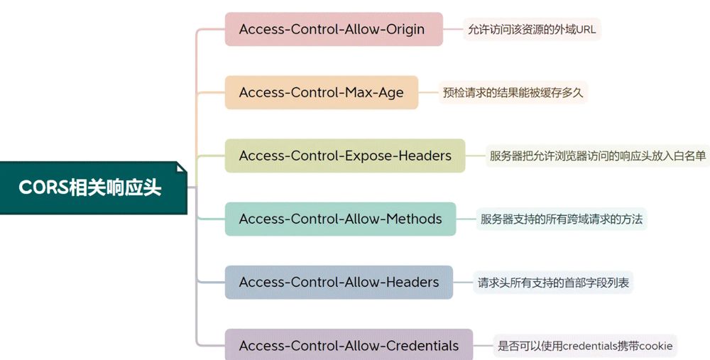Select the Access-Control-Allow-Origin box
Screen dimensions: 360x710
click(333, 29)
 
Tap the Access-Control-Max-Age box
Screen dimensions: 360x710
click(321, 92)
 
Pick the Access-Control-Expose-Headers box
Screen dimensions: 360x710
click(344, 156)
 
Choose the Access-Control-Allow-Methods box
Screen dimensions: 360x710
click(340, 219)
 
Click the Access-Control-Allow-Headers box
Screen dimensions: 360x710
click(339, 282)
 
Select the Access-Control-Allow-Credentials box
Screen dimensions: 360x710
click(349, 346)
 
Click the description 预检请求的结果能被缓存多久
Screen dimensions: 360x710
click(513, 92)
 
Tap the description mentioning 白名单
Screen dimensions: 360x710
click(597, 156)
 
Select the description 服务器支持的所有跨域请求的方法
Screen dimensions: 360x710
click(561, 219)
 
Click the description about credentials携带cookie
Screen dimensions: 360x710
click(584, 346)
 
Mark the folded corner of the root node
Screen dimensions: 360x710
click(181, 168)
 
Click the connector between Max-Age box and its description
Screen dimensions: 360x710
click(428, 92)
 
